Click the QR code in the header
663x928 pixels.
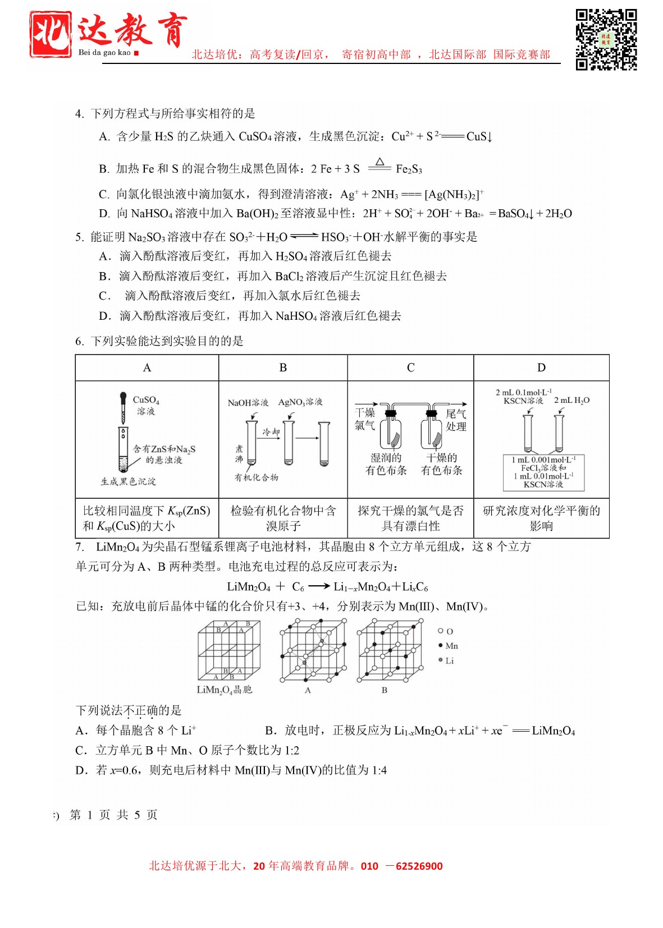click(x=606, y=39)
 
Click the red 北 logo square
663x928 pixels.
click(x=51, y=34)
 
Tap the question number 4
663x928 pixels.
click(x=79, y=114)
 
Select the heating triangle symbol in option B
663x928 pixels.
click(x=379, y=163)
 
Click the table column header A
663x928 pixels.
click(x=147, y=367)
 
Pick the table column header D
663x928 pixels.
click(x=541, y=367)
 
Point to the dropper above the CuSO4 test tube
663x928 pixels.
click(x=123, y=407)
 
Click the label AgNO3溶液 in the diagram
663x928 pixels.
click(x=300, y=402)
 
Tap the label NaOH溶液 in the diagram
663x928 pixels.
click(x=248, y=403)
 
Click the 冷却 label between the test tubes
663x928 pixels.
click(x=271, y=432)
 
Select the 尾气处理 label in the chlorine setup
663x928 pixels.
click(x=456, y=420)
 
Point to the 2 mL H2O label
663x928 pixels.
click(x=571, y=400)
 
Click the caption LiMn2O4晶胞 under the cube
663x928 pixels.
click(x=224, y=690)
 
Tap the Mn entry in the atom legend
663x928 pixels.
click(x=449, y=646)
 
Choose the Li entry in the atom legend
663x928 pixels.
click(x=447, y=660)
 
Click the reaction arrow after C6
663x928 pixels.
click(x=318, y=586)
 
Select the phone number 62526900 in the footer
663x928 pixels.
click(x=419, y=866)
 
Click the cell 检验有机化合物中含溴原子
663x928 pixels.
click(x=283, y=518)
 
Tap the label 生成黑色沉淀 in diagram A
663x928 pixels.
click(x=128, y=481)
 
